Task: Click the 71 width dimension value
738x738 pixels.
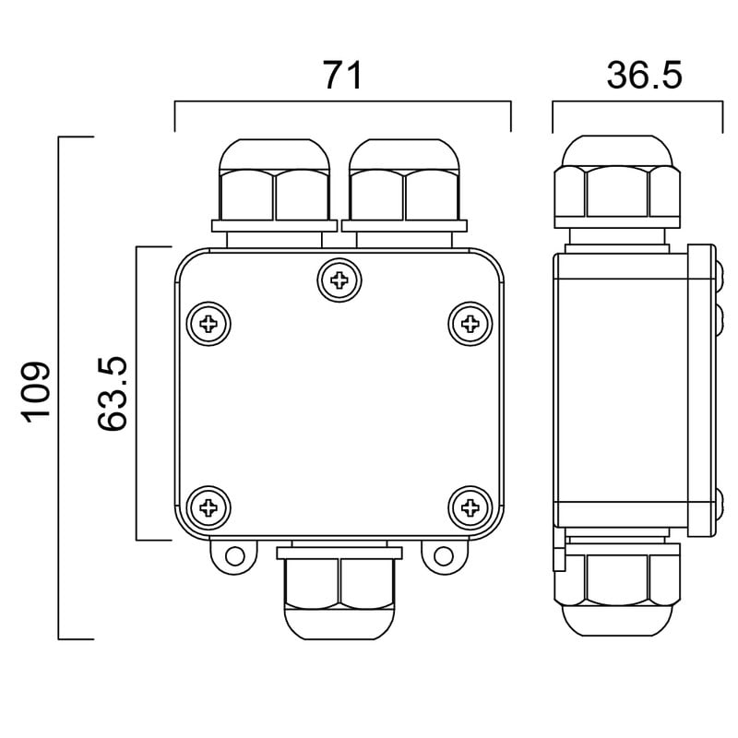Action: click(x=342, y=76)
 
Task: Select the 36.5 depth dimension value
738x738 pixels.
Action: click(x=644, y=76)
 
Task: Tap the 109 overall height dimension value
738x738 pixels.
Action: click(x=35, y=392)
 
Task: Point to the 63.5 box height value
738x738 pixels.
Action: click(x=112, y=394)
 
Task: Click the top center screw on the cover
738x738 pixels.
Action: click(x=339, y=280)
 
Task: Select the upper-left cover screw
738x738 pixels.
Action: click(x=208, y=324)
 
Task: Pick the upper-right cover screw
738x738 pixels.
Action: click(x=470, y=324)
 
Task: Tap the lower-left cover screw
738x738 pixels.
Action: click(x=208, y=508)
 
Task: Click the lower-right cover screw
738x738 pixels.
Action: click(x=470, y=508)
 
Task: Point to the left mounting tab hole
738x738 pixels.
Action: click(x=235, y=556)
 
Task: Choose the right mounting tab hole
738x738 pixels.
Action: click(x=444, y=556)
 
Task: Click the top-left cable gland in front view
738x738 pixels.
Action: click(x=274, y=193)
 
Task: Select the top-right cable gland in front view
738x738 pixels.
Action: click(x=404, y=193)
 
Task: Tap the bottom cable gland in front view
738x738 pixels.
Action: click(x=339, y=590)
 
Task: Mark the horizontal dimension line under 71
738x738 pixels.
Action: click(x=342, y=101)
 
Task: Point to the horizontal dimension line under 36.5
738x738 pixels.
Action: click(x=637, y=101)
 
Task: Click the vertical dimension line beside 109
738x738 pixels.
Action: click(x=59, y=388)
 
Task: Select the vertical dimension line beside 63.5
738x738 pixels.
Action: click(x=137, y=393)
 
